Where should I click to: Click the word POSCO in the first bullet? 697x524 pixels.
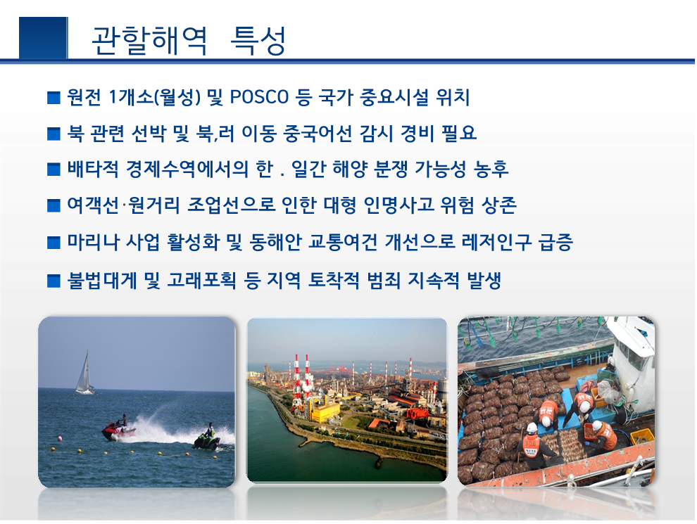tap(259, 97)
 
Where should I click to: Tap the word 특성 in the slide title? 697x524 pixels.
tap(258, 40)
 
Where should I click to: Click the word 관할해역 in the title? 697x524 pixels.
tap(149, 40)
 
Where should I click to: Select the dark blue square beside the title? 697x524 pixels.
tap(43, 38)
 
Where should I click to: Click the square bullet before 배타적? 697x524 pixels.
tap(54, 170)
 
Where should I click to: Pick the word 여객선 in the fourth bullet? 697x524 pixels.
tap(93, 205)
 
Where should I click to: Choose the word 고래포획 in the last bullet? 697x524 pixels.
tap(201, 280)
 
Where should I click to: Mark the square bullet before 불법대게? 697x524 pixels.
tap(54, 281)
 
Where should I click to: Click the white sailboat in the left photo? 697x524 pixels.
tap(84, 374)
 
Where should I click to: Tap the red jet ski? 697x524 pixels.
tap(118, 430)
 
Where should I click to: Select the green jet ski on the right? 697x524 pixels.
tap(207, 440)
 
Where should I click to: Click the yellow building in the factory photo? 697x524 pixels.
tap(325, 411)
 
